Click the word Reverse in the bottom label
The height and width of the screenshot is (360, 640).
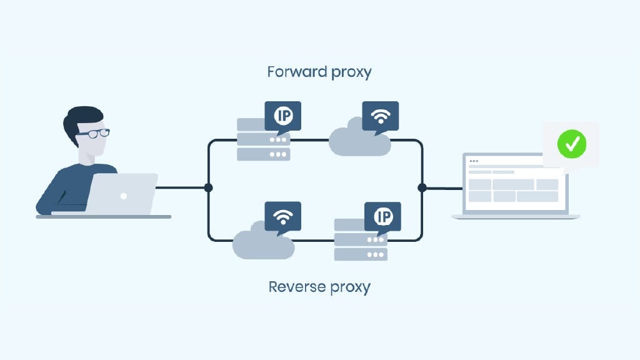(x=292, y=287)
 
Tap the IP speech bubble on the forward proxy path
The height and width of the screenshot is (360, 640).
(x=282, y=116)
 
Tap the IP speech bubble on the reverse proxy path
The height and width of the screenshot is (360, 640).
(x=382, y=216)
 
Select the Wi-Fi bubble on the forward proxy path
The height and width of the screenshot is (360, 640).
(x=380, y=116)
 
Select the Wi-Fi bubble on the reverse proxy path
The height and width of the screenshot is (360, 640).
(x=282, y=216)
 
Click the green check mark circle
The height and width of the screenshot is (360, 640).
(x=572, y=144)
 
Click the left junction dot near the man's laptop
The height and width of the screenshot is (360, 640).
(x=208, y=187)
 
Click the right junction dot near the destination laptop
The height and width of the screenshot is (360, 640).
(x=422, y=187)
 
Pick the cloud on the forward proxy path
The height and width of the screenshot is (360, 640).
(x=359, y=143)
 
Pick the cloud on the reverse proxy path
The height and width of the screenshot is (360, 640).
(x=262, y=244)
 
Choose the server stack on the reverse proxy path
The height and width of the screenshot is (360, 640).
(x=360, y=241)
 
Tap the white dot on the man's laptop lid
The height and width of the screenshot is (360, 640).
(x=124, y=196)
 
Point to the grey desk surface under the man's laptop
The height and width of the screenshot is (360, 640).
(x=103, y=216)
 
